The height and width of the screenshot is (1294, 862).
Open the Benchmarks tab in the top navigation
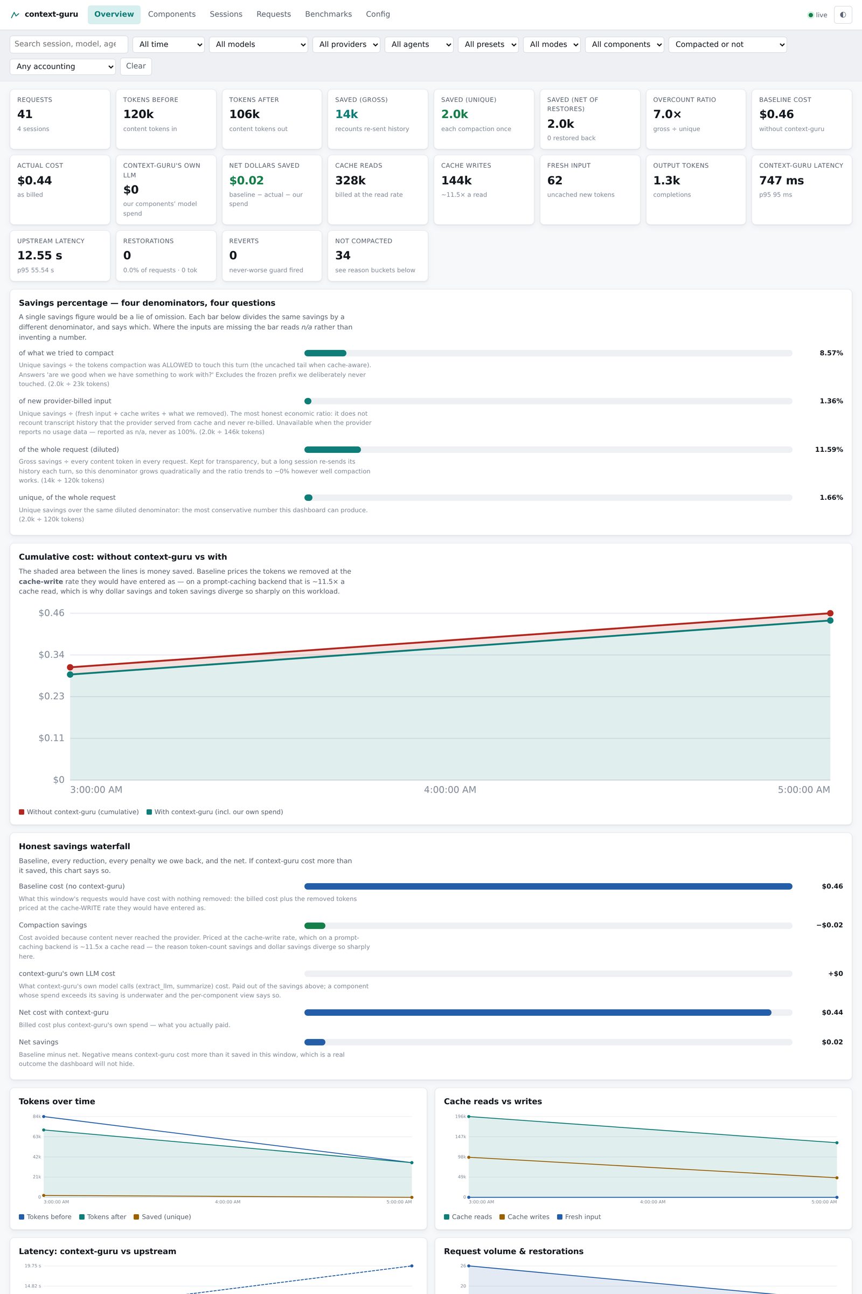pyautogui.click(x=328, y=15)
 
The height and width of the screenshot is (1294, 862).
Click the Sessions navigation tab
pyautogui.click(x=226, y=15)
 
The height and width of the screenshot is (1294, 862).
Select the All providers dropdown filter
pyautogui.click(x=346, y=45)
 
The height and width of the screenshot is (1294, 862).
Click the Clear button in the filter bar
pyautogui.click(x=136, y=66)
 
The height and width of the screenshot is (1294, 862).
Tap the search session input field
pyautogui.click(x=69, y=45)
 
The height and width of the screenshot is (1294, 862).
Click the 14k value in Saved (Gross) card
pyautogui.click(x=346, y=114)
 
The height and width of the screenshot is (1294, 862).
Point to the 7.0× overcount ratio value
pyautogui.click(x=667, y=114)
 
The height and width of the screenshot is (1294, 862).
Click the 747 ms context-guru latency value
pyautogui.click(x=781, y=181)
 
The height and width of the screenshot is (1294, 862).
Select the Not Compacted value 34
pyautogui.click(x=343, y=255)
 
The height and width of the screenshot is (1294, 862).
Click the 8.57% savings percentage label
pyautogui.click(x=831, y=353)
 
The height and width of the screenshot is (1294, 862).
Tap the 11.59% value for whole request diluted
pyautogui.click(x=829, y=450)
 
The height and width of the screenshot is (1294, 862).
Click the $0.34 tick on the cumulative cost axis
pyautogui.click(x=51, y=655)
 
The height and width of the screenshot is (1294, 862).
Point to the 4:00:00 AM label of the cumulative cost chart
pyautogui.click(x=450, y=789)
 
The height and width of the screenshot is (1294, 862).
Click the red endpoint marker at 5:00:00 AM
pyautogui.click(x=830, y=614)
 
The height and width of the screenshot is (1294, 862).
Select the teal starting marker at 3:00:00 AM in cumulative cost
pyautogui.click(x=70, y=674)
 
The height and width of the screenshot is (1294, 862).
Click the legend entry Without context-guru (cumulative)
pyautogui.click(x=79, y=812)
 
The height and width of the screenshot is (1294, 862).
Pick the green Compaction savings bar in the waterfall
pyautogui.click(x=315, y=925)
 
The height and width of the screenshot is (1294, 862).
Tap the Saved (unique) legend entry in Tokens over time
pyautogui.click(x=162, y=1216)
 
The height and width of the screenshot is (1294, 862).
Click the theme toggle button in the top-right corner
pyautogui.click(x=843, y=15)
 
